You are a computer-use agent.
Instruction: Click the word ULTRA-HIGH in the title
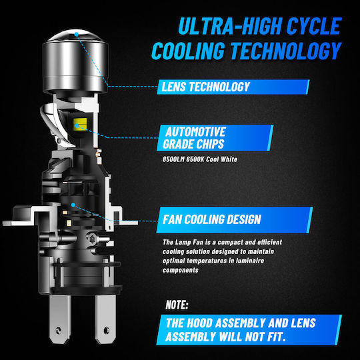tap(230, 26)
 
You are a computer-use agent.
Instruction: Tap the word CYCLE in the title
tap(314, 26)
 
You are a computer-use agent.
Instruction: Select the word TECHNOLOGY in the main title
tap(286, 51)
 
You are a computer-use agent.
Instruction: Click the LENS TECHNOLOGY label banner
tap(233, 87)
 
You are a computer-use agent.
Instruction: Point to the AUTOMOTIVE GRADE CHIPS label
tap(215, 138)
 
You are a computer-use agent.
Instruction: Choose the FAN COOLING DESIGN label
tap(235, 220)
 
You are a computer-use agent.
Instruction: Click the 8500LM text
tap(173, 159)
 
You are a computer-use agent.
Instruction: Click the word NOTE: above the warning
tap(177, 305)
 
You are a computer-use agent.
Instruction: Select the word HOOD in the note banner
tap(199, 323)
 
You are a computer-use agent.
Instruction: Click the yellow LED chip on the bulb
tap(80, 125)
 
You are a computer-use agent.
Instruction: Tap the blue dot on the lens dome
tap(77, 34)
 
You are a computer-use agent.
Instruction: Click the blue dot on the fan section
tap(73, 205)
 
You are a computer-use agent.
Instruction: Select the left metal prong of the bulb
tap(60, 319)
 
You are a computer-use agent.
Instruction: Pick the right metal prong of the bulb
tap(105, 319)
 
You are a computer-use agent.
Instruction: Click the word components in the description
tap(181, 270)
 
